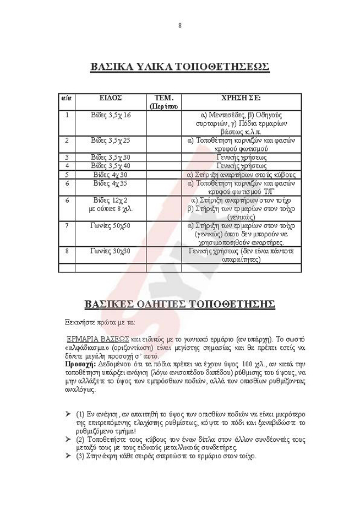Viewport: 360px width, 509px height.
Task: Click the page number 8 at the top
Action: [180, 25]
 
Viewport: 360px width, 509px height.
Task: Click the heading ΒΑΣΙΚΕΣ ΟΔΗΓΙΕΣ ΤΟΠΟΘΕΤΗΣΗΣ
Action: [179, 304]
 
